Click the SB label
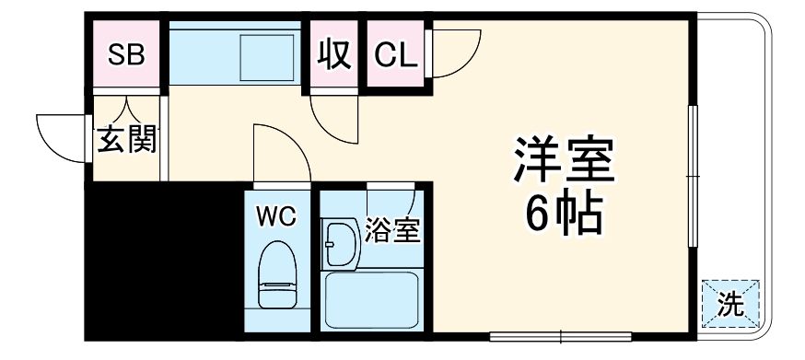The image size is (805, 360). (126, 55)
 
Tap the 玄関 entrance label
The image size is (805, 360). (128, 141)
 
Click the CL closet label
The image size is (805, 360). (396, 56)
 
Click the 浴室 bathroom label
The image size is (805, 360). (392, 230)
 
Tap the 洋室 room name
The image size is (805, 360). (565, 160)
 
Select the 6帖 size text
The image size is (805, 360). (564, 215)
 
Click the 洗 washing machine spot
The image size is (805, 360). (730, 304)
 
